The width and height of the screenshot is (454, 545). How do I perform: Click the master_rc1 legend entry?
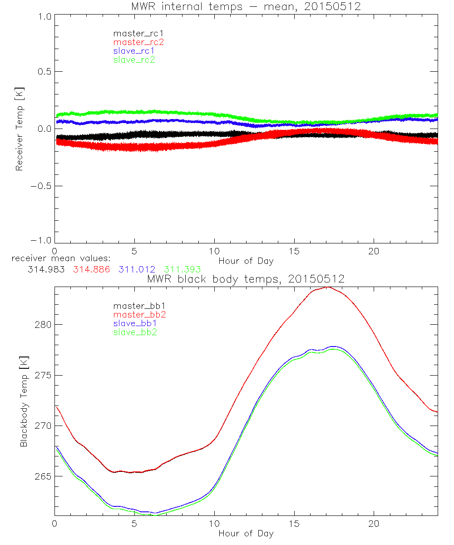[134, 33]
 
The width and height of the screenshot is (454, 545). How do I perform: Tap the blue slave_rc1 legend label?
[134, 51]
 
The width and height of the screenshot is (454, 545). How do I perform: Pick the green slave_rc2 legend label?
[134, 59]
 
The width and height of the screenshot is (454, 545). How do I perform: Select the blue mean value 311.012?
[136, 270]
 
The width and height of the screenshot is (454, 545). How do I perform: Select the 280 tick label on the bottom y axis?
[43, 324]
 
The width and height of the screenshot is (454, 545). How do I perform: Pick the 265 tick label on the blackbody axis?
[43, 476]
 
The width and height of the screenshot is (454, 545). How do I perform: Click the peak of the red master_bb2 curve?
[327, 287]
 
